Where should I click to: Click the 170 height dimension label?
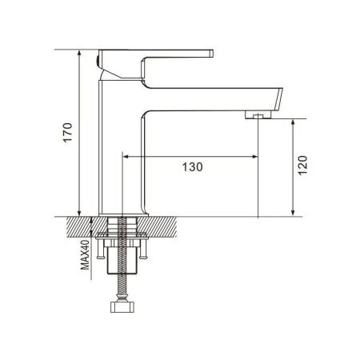pyautogui.click(x=67, y=133)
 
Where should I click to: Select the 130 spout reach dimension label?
pyautogui.click(x=192, y=167)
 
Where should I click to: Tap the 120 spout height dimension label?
pyautogui.click(x=302, y=165)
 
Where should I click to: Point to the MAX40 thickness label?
pyautogui.click(x=85, y=254)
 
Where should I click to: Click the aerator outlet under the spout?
pyautogui.click(x=258, y=115)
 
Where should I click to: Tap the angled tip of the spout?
pyautogui.click(x=279, y=98)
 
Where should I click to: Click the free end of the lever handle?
pyautogui.click(x=211, y=54)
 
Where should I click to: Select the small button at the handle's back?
pyautogui.click(x=97, y=62)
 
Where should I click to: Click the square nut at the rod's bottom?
pyautogui.click(x=122, y=307)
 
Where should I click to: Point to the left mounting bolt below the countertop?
pyautogui.click(x=100, y=249)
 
